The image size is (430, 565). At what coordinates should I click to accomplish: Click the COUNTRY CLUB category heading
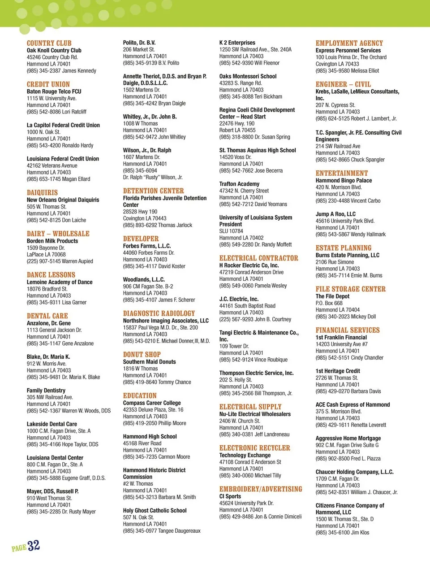point(49,43)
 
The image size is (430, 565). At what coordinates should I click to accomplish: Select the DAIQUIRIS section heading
point(42,192)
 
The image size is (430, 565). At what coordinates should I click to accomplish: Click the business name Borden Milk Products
point(52,241)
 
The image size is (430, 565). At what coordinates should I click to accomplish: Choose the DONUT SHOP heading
point(142,354)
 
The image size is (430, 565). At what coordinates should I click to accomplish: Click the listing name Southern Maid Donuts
point(149,361)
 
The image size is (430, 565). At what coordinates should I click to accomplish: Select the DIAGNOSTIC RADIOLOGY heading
point(159,313)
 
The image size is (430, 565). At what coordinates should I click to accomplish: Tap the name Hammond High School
point(150,436)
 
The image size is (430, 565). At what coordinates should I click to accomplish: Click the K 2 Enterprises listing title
point(237,43)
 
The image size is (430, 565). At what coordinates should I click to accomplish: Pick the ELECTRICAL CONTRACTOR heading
point(258,258)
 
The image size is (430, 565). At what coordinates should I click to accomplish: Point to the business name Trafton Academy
point(239,184)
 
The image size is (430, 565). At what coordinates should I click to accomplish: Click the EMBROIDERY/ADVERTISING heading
point(261,489)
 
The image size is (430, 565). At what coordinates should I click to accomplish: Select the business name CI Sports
point(230,496)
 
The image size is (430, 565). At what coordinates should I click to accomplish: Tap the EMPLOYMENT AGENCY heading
point(349,43)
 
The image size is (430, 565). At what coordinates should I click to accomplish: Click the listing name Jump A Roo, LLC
point(335,214)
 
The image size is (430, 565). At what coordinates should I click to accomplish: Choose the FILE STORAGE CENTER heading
point(350,289)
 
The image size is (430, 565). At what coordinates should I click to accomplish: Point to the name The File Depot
point(332,296)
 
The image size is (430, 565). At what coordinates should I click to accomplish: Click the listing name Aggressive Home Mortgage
point(348,438)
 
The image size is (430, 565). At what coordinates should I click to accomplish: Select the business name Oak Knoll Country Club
point(54,50)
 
